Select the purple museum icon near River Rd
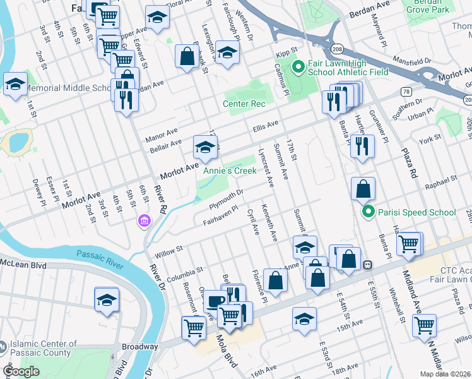coord(145,221)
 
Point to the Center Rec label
coord(243,104)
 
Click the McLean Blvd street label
coord(24,263)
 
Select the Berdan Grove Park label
coord(427,7)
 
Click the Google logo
coord(21,371)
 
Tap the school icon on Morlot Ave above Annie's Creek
coord(204,148)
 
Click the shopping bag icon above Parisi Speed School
coord(363,189)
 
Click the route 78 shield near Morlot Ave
coord(404,92)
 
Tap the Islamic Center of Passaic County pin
coord(4,347)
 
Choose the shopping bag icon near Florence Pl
coord(275,281)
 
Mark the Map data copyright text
coord(445,374)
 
